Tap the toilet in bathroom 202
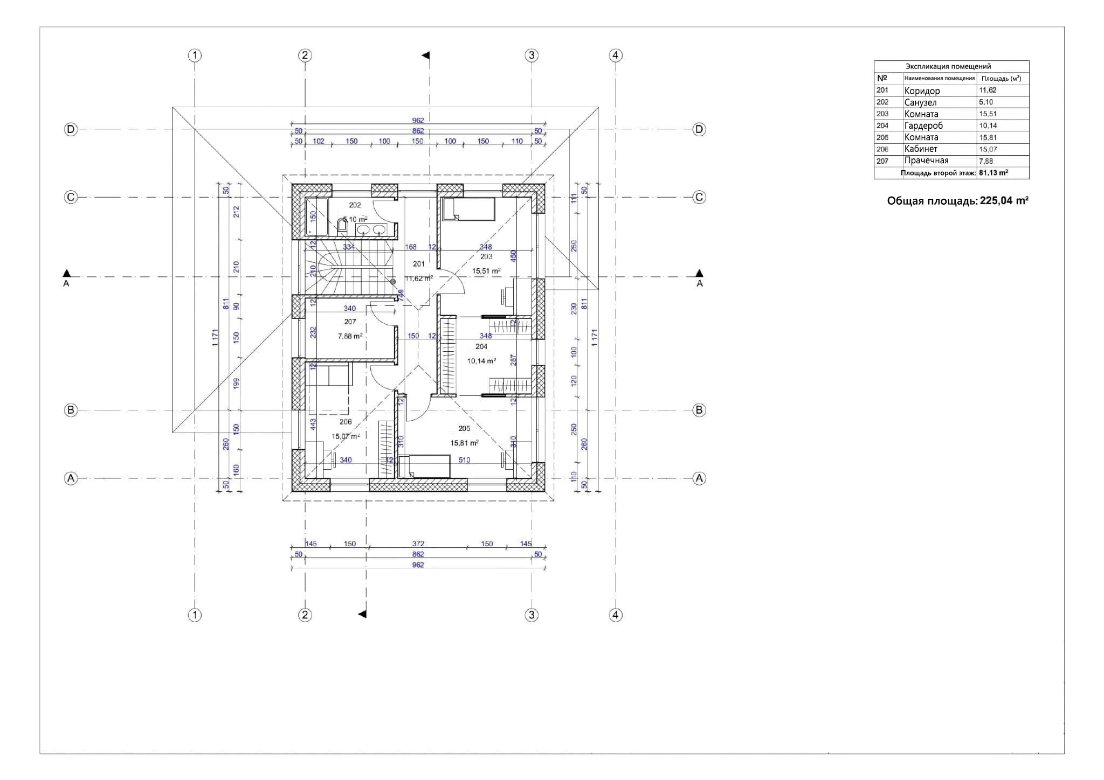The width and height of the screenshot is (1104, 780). pyautogui.click(x=342, y=225)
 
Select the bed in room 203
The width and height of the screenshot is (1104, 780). pyautogui.click(x=468, y=209)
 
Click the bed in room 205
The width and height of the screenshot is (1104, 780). pyautogui.click(x=424, y=466)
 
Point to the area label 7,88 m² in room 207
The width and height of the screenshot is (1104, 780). pyautogui.click(x=350, y=336)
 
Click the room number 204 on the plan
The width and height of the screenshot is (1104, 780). pyautogui.click(x=481, y=347)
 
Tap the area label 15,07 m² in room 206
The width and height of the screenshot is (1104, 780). pyautogui.click(x=345, y=436)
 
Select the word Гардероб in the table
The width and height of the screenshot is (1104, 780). pyautogui.click(x=923, y=126)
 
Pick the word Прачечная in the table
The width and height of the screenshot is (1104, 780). pyautogui.click(x=926, y=161)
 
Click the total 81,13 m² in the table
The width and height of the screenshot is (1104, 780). pyautogui.click(x=993, y=173)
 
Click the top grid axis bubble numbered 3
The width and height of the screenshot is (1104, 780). pyautogui.click(x=532, y=55)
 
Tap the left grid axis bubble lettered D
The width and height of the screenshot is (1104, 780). pyautogui.click(x=71, y=129)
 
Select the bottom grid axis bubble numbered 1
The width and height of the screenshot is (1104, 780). pyautogui.click(x=195, y=615)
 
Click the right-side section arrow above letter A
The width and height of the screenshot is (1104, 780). pyautogui.click(x=699, y=273)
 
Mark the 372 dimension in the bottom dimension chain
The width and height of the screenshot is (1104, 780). pyautogui.click(x=418, y=544)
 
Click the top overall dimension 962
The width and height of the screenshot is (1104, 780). pyautogui.click(x=418, y=120)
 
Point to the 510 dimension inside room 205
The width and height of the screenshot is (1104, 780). pyautogui.click(x=464, y=460)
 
